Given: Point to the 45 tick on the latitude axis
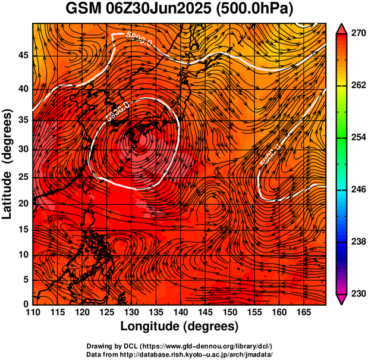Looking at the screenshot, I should (24, 55).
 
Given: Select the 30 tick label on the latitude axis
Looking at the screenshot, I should (24, 149).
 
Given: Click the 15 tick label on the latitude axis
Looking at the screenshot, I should (24, 230).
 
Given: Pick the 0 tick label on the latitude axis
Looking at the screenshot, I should (27, 305).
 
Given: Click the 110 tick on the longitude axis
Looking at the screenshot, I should (33, 312).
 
